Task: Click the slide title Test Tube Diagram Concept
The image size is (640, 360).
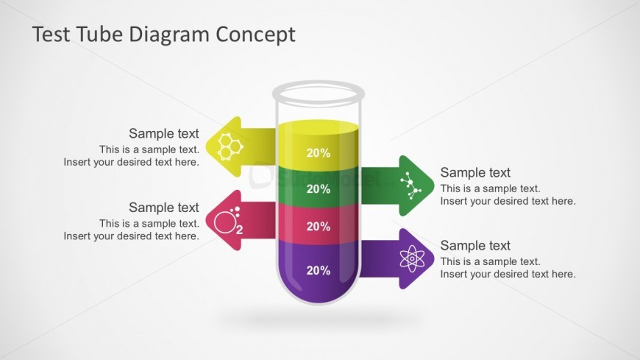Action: point(163,34)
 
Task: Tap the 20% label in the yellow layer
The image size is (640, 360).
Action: point(318,153)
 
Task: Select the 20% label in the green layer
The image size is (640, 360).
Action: point(318,189)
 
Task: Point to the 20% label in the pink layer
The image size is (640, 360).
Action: point(318,227)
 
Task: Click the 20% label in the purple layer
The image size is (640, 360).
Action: point(318,270)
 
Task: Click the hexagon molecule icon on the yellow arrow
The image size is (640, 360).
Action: point(230,146)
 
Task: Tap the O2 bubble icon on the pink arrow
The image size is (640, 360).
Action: point(228,221)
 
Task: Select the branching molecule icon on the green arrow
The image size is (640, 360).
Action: point(410,186)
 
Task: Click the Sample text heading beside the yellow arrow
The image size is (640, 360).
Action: point(163,133)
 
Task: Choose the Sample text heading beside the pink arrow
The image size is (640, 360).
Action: point(163,208)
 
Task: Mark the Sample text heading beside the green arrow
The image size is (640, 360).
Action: point(475,172)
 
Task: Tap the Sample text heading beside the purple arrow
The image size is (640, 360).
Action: point(475,246)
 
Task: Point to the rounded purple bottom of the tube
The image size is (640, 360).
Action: point(318,294)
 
